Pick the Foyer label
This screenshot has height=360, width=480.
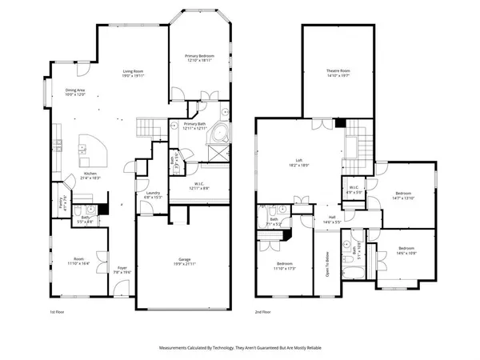tap(122, 268)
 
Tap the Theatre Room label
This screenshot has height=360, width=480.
tap(338, 74)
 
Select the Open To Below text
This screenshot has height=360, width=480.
tap(326, 268)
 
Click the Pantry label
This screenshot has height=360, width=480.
tap(63, 203)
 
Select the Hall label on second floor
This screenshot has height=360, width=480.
tap(332, 218)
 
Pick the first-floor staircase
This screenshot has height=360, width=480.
tap(146, 127)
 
